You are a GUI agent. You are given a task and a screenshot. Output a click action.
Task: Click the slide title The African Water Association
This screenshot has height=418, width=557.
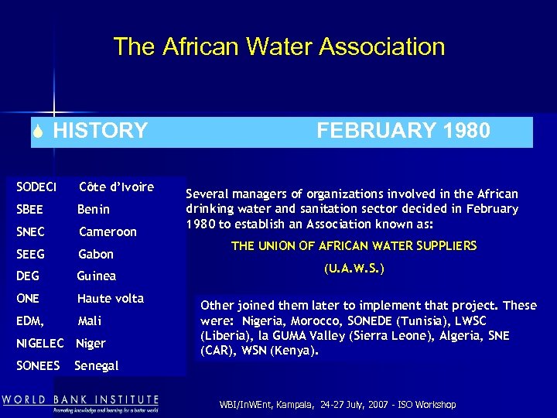[278, 46]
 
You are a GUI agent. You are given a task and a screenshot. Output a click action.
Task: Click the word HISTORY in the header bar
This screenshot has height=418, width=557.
[100, 130]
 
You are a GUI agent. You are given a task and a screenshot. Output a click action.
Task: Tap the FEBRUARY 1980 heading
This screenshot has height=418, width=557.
[403, 130]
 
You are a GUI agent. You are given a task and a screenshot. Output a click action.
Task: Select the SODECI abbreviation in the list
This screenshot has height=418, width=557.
[36, 187]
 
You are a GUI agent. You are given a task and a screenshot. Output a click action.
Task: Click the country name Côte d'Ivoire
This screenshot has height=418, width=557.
[116, 187]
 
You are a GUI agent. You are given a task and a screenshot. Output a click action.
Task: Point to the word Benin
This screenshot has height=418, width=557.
[94, 209]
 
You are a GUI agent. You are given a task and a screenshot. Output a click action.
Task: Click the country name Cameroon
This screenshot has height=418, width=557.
[108, 231]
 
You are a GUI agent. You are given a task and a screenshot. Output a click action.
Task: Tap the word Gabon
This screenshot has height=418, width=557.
[96, 254]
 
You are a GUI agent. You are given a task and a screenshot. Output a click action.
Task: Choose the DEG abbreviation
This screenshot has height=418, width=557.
[29, 276]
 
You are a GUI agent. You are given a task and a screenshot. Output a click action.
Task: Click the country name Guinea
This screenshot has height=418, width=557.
[97, 276]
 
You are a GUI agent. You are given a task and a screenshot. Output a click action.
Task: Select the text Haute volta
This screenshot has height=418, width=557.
[111, 298]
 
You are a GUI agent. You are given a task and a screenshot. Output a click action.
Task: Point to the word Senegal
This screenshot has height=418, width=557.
[97, 365]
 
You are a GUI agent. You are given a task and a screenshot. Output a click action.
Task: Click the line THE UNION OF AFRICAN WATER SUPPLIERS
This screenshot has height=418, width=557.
[354, 246]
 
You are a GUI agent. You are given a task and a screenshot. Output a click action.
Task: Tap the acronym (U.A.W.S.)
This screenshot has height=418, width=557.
[354, 269]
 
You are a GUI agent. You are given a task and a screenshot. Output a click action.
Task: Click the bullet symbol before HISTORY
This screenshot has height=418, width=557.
[27, 131]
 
